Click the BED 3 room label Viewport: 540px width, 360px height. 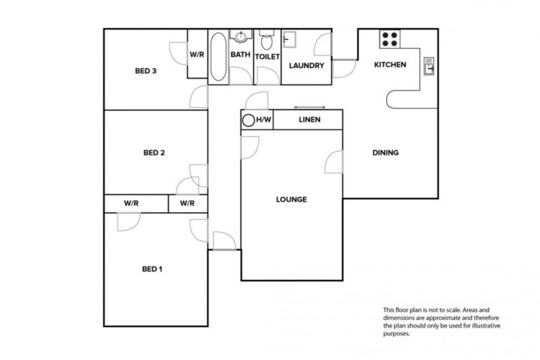click(146, 70)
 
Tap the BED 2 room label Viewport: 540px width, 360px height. click(153, 153)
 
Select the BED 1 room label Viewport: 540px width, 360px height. click(153, 269)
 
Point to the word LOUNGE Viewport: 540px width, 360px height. click(291, 200)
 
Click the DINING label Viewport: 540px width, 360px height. click(385, 153)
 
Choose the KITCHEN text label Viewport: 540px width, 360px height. click(390, 65)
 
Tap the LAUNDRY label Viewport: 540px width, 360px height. click(307, 66)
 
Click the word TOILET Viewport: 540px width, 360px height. click(267, 56)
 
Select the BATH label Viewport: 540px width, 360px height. click(240, 55)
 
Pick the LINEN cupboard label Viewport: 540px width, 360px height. click(309, 120)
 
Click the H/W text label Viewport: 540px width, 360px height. click(264, 120)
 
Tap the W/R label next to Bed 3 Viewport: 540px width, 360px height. click(197, 55)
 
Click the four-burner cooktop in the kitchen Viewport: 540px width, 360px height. click(390, 38)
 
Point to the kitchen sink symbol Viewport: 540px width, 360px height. click(429, 65)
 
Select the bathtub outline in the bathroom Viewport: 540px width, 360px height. click(218, 56)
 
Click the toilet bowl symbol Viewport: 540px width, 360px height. click(266, 38)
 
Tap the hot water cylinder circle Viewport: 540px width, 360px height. click(248, 120)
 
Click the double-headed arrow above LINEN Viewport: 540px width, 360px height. click(305, 107)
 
